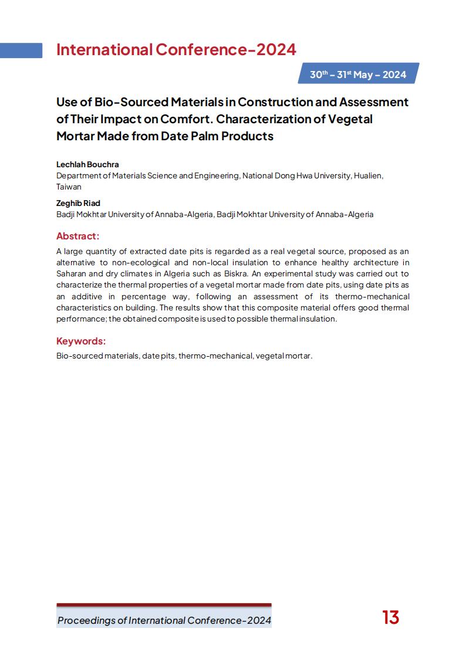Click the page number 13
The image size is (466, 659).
390,618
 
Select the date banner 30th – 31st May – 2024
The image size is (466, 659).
358,75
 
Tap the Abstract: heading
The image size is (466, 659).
77,236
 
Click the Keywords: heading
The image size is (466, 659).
81,341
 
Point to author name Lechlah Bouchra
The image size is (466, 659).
87,164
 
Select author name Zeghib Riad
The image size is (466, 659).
78,203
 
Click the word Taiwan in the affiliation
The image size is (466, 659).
69,187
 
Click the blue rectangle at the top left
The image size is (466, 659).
21,50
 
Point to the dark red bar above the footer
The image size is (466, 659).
164,604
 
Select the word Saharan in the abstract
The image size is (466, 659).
71,274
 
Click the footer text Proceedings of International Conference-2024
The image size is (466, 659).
164,620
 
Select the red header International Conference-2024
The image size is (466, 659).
176,50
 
